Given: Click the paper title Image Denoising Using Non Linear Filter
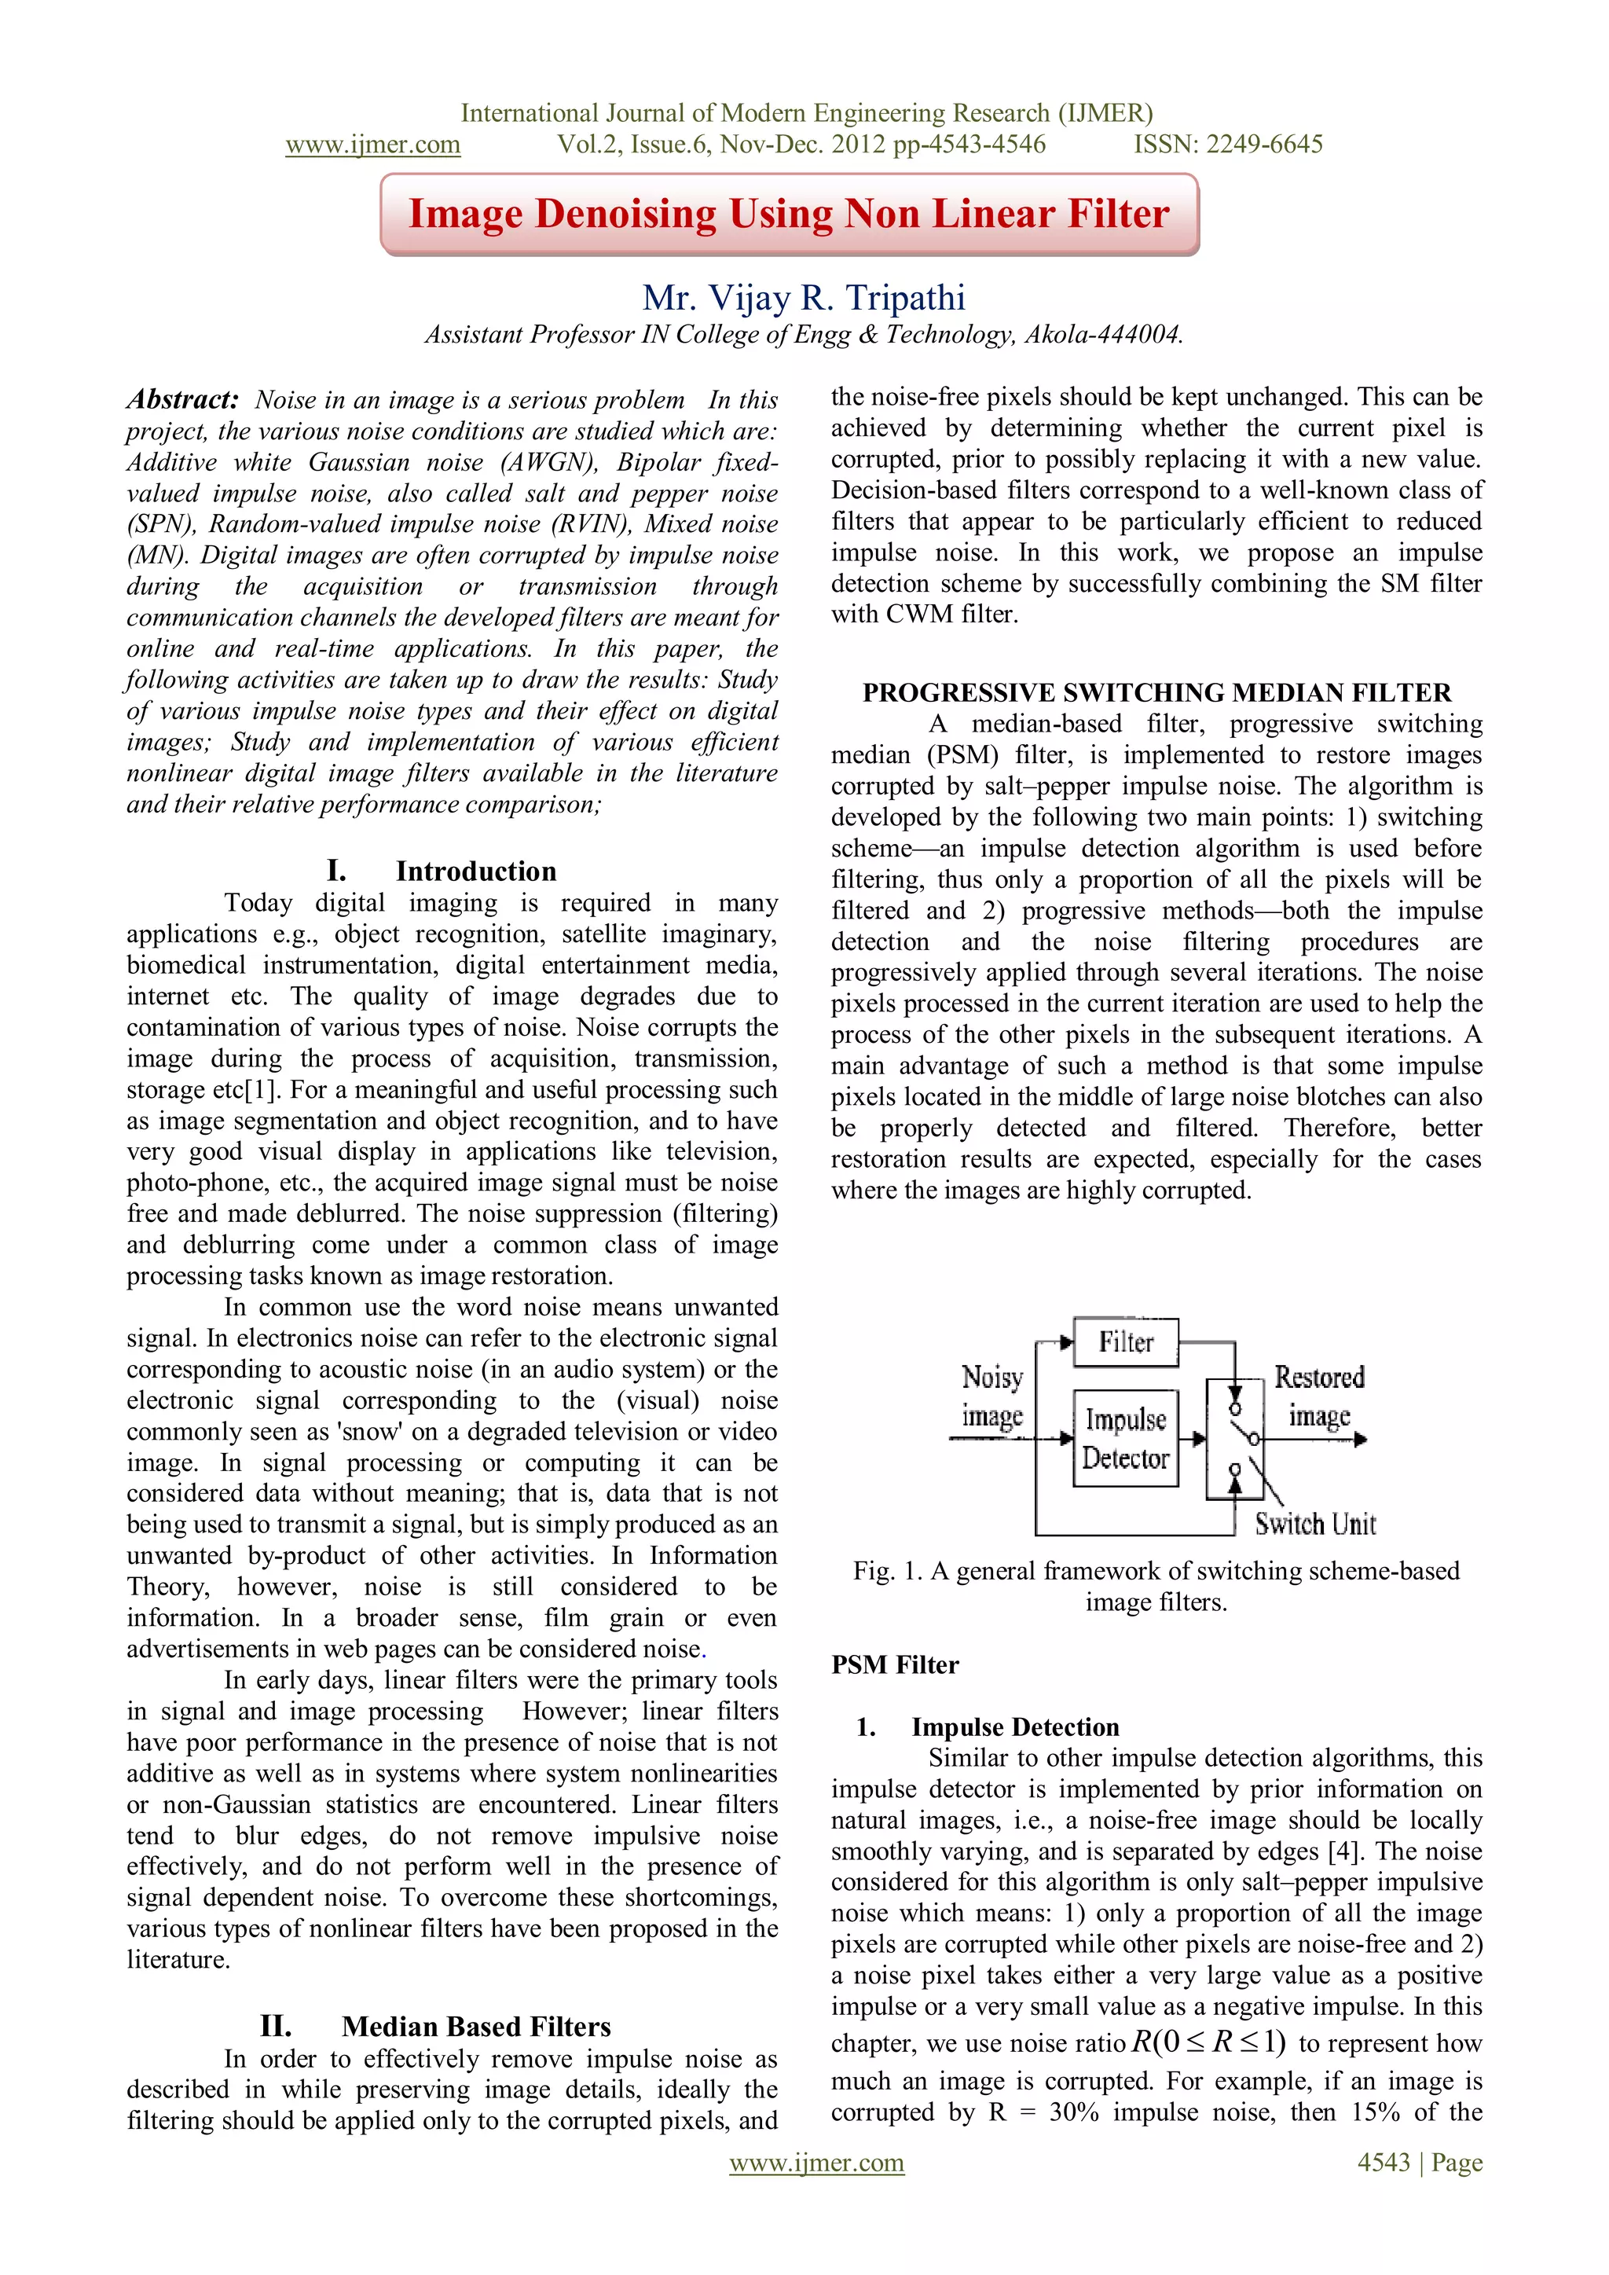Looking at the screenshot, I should coord(789,214).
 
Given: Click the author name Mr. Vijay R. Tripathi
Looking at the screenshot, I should coord(804,297).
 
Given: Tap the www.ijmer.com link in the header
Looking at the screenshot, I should coord(372,145).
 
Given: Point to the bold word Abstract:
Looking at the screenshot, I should coord(182,399).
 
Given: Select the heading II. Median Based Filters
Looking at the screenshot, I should coord(435,2027).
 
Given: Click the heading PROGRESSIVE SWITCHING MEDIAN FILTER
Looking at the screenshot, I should coord(1156,692).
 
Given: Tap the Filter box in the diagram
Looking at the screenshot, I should coord(1126,1343).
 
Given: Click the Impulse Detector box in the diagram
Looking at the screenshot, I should coord(1126,1439).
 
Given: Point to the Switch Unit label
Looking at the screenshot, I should coord(1314,1524).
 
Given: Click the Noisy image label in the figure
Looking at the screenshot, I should coord(991,1396).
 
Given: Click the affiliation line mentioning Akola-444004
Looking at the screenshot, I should coord(804,335).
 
